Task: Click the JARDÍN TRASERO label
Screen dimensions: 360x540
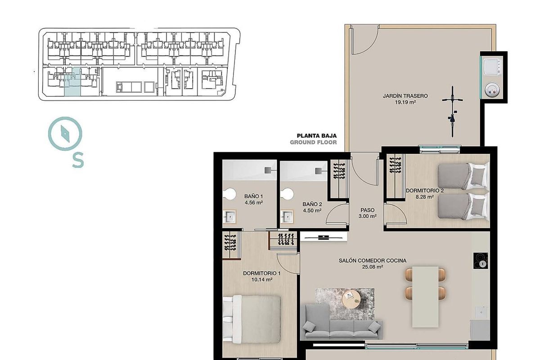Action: coord(405,96)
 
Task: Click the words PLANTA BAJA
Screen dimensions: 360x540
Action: coord(316,135)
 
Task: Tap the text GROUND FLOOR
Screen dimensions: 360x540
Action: coord(313,142)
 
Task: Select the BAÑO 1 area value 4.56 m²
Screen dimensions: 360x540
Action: coord(253,203)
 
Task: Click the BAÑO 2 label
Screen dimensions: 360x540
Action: coord(311,204)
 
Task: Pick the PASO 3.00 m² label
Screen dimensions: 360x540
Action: coord(368,213)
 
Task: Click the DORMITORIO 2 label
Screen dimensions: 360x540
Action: coord(424,190)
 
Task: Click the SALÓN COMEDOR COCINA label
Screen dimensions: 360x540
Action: coord(372,261)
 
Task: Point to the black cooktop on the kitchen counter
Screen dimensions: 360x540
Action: coord(481,261)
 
